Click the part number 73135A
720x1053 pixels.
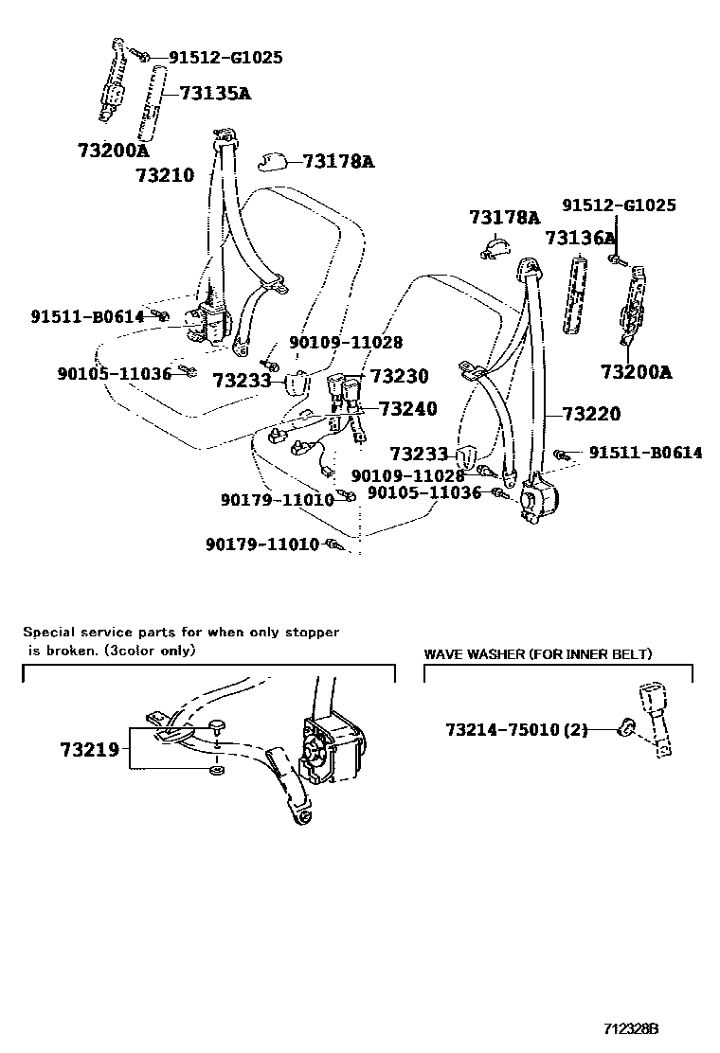click(x=216, y=93)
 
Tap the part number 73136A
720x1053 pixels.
click(x=579, y=238)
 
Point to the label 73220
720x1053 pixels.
click(x=591, y=414)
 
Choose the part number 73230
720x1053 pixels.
click(x=399, y=377)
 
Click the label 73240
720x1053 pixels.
click(x=408, y=409)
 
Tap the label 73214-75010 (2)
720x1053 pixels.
click(x=516, y=729)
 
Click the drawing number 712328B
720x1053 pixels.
click(x=632, y=1027)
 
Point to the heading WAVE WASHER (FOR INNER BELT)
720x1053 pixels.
click(x=537, y=654)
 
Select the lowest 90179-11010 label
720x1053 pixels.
click(x=262, y=544)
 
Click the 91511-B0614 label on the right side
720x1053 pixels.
click(x=645, y=454)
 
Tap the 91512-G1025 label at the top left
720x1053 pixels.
click(x=225, y=58)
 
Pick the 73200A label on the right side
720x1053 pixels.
click(x=636, y=372)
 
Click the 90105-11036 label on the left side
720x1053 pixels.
click(x=115, y=374)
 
